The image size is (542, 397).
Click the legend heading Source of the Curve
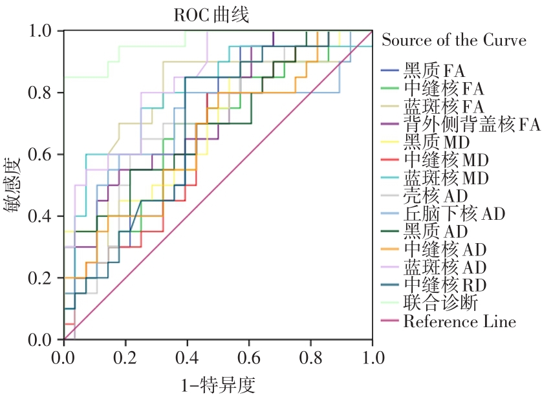click(x=454, y=40)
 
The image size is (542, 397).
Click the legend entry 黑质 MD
click(x=436, y=142)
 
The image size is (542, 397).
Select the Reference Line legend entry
click(x=459, y=321)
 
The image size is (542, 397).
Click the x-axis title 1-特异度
click(x=218, y=385)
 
